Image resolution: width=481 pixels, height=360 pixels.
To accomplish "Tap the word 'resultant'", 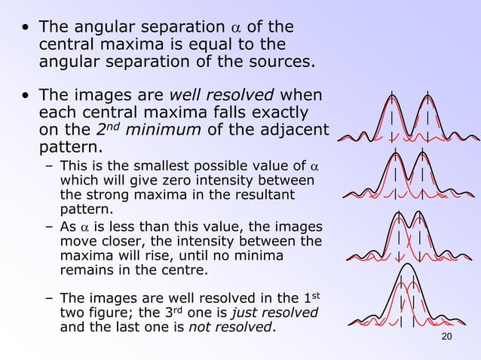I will (265, 195).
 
